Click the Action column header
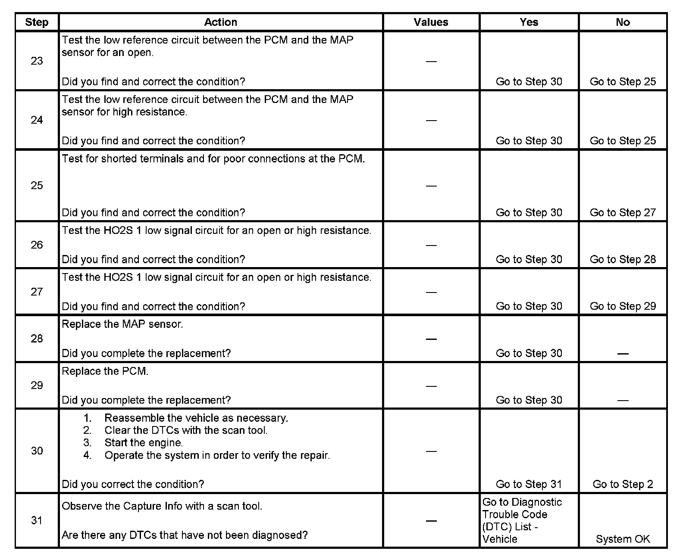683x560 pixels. click(x=220, y=22)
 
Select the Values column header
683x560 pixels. click(x=431, y=22)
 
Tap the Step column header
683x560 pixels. click(x=37, y=22)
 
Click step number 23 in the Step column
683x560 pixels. click(x=37, y=61)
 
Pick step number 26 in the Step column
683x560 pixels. click(x=37, y=245)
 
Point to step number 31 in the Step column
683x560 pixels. click(x=37, y=520)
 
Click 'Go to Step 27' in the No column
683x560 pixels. click(x=623, y=213)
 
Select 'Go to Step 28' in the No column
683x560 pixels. click(x=623, y=259)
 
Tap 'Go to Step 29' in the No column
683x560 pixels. click(x=623, y=306)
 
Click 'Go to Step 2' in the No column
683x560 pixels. click(x=623, y=484)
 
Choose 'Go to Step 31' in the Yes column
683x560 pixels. click(x=529, y=484)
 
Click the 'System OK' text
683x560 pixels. click(x=623, y=539)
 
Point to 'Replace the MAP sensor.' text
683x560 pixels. click(x=122, y=324)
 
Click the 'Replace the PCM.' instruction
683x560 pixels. click(x=105, y=371)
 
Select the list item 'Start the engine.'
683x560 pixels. click(x=144, y=443)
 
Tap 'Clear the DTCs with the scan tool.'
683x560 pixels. click(x=186, y=430)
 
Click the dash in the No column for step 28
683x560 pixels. click(x=623, y=354)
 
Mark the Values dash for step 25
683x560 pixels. click(x=431, y=186)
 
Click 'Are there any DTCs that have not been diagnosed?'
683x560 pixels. click(x=185, y=535)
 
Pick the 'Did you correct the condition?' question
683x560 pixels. click(x=133, y=484)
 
